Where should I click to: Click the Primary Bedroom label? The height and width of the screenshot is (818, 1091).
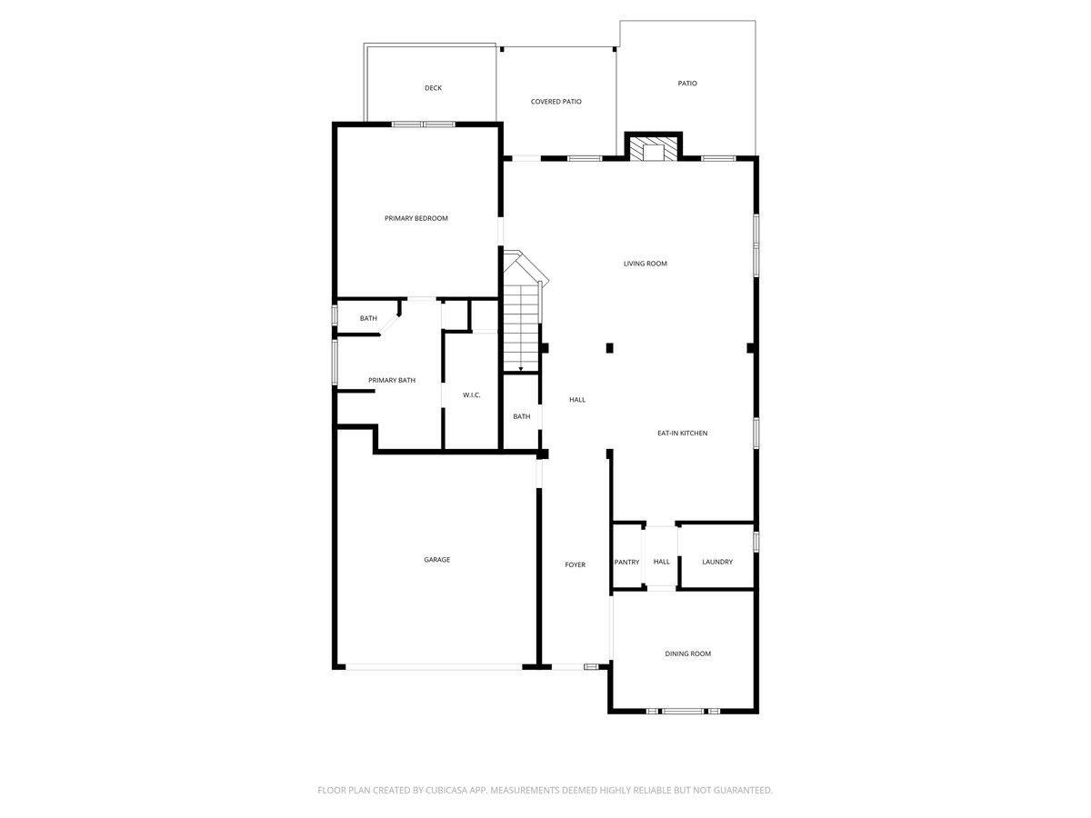coord(415,218)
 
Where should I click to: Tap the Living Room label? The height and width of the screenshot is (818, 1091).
coord(645,264)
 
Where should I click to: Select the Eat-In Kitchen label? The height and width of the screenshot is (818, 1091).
coord(682,434)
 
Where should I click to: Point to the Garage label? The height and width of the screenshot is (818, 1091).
coord(436,560)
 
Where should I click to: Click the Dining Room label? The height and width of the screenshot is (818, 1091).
coord(687,653)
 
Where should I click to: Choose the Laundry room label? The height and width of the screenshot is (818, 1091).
coord(717,562)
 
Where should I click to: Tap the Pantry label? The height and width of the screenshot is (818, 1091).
coord(626,562)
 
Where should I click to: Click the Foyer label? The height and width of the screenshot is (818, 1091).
coord(575,564)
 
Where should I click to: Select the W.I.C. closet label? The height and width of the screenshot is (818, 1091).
coord(471,394)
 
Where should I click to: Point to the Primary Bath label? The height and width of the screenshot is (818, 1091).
coord(391,380)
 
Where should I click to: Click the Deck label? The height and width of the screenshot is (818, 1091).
coord(433,88)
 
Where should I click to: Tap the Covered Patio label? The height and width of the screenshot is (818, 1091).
coord(556,102)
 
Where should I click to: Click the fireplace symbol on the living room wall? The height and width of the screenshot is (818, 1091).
coord(653,150)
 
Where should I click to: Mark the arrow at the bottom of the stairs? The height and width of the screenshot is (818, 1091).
coord(520,369)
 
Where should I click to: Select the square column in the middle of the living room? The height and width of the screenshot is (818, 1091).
coord(609,347)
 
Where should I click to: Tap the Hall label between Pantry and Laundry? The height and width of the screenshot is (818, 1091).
coord(661,562)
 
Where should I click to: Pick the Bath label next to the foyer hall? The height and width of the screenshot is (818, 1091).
coord(521,416)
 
